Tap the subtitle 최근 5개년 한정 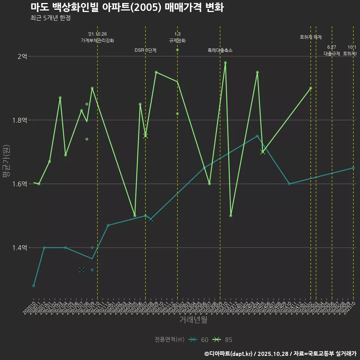tap(50, 18)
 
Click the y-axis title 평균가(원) tap(6, 162)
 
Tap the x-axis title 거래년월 tap(193, 319)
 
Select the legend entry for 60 tap(199, 340)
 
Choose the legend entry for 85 tap(223, 340)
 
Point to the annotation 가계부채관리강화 tap(97, 40)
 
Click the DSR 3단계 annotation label tap(145, 50)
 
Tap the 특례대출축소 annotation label tap(220, 50)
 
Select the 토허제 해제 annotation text tap(311, 37)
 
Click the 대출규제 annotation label tap(332, 54)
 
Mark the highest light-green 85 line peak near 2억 tap(225, 63)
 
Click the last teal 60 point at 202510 tap(353, 168)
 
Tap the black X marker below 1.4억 tap(81, 270)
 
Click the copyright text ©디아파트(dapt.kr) tap(229, 354)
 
